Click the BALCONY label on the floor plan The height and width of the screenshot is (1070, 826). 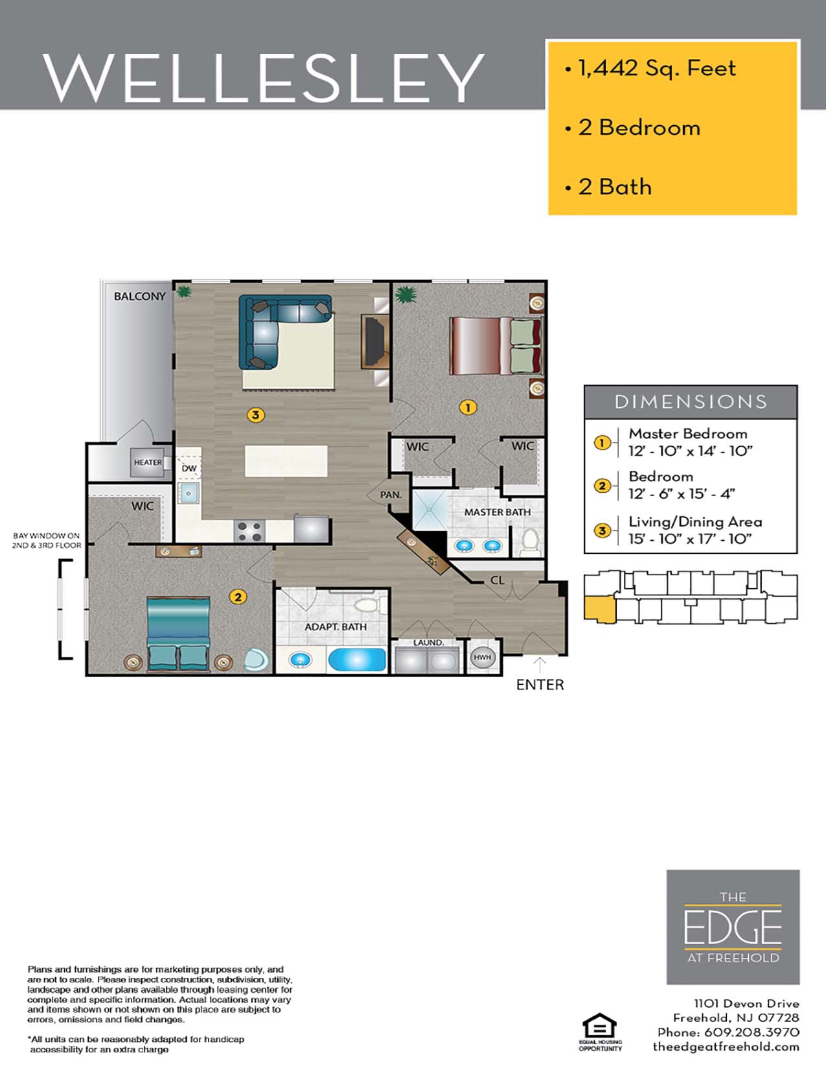pos(140,296)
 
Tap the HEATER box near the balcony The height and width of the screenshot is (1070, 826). pos(148,462)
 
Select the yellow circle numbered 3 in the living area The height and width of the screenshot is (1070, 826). pos(256,414)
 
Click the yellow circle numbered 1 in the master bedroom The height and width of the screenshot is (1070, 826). pos(468,407)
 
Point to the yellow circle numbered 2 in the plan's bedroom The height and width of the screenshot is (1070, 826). pos(238,597)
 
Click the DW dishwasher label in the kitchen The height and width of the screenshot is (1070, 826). pos(189,468)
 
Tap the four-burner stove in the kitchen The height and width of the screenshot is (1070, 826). pos(249,531)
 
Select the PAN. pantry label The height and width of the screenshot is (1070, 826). pos(391,495)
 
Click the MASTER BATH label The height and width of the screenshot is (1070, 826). pos(497,512)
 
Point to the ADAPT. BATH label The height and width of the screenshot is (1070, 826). pos(336,627)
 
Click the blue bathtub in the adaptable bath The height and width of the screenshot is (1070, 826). pos(357,660)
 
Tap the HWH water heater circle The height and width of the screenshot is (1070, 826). pos(482,658)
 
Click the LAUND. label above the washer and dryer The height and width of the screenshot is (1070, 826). pos(428,643)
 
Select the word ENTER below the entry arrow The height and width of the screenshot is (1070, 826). pos(540,685)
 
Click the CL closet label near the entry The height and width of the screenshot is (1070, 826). pos(497,580)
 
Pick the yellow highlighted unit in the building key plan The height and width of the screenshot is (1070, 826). pos(599,610)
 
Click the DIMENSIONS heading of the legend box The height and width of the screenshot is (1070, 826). pos(691,402)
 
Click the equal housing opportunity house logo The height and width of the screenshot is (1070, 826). pos(599,1027)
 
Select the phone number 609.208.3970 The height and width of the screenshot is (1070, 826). pos(751,1032)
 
